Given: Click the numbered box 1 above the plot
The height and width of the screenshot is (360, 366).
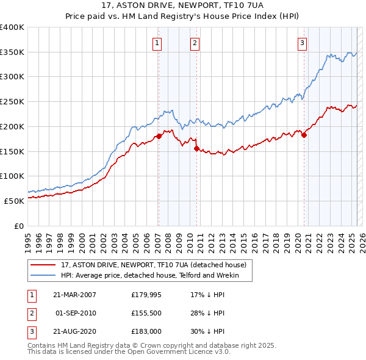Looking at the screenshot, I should click(157, 43).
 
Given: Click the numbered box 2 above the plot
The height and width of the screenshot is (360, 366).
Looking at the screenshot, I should click(194, 43).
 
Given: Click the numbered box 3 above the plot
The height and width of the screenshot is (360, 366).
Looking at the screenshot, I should click(302, 43).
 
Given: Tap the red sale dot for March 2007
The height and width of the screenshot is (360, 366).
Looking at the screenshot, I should click(159, 136).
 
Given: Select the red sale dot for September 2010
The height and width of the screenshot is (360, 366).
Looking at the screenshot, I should click(196, 148).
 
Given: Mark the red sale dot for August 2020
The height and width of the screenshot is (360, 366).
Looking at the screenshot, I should click(304, 135).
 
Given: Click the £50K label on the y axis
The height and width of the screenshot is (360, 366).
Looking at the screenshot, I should click(15, 200).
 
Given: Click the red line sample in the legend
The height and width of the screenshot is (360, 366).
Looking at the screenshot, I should click(43, 265).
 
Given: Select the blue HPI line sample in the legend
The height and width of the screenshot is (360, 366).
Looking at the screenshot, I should click(43, 276).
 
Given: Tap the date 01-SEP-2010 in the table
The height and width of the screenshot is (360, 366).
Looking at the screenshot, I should click(76, 313).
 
